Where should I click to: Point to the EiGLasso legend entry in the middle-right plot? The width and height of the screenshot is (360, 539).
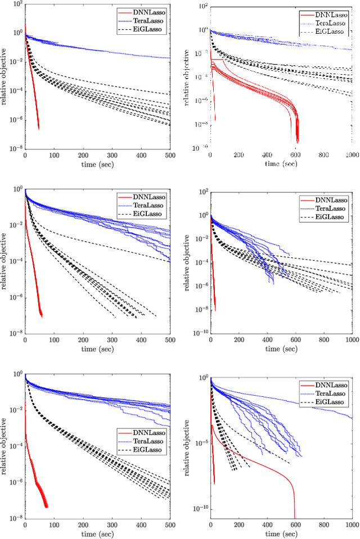pos(331,216)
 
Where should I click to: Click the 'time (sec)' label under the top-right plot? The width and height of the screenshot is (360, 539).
pos(281,163)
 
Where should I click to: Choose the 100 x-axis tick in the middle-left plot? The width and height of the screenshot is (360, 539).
pos(54,340)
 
